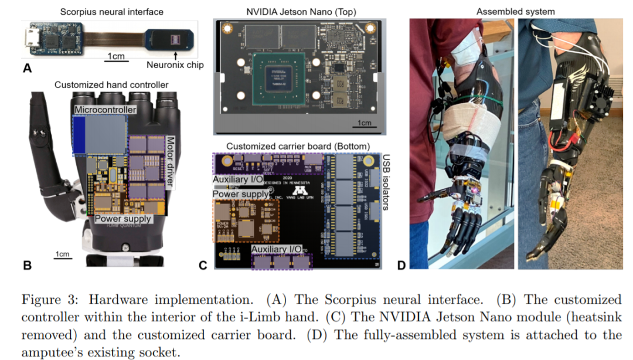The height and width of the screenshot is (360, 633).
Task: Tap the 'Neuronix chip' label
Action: [x=174, y=65]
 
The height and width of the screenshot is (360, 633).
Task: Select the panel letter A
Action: [x=26, y=69]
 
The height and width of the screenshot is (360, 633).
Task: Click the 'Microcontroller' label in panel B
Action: [x=105, y=110]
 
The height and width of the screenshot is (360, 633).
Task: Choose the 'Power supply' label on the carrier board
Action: [x=241, y=194]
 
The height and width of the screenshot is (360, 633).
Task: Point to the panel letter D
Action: [x=401, y=265]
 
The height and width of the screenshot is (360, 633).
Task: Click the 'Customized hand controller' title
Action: [x=111, y=85]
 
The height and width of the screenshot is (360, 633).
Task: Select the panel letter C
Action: [x=203, y=265]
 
